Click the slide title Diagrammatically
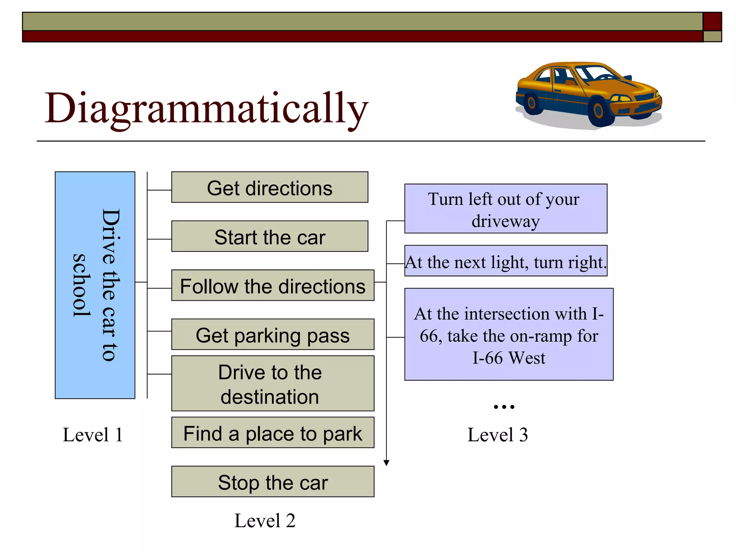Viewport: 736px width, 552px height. (x=206, y=108)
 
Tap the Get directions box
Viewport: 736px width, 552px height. (x=270, y=187)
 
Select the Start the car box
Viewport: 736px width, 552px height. (x=270, y=236)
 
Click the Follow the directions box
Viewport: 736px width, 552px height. (x=272, y=285)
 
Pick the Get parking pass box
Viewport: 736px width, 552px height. (x=272, y=335)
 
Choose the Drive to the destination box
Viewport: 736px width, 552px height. (x=272, y=383)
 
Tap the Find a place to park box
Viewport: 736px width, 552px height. (x=272, y=433)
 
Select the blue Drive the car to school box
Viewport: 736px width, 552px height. (x=95, y=285)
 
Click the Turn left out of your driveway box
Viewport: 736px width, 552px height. (x=506, y=209)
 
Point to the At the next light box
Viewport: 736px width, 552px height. (x=506, y=261)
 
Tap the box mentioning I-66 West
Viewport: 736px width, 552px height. (x=509, y=335)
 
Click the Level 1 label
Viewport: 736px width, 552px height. (x=92, y=435)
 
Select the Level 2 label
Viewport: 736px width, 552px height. (x=265, y=521)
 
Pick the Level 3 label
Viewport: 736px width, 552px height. (x=497, y=435)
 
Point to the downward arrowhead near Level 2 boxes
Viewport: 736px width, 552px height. (x=386, y=463)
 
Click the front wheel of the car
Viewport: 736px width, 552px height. (x=598, y=111)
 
